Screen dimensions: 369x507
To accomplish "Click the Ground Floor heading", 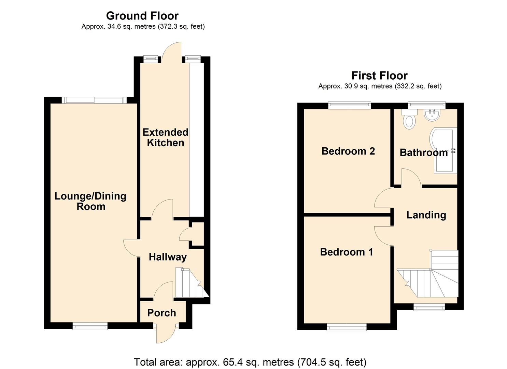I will tap(142, 16).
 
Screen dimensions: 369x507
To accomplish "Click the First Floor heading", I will tap(379, 76).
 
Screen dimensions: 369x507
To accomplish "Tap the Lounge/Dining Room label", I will tap(90, 201).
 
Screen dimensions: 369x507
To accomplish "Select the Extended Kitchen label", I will tap(165, 137).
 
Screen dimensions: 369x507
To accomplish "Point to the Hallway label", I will tap(168, 257).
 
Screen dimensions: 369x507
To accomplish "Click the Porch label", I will tap(161, 313).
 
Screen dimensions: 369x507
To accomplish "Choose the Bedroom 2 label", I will tap(348, 151).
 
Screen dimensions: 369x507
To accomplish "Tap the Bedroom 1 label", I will tap(346, 252).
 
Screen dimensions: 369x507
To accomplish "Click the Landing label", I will tap(426, 215).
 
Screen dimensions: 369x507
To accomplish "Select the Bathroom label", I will tap(423, 152).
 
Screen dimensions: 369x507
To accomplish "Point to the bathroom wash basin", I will tap(433, 115).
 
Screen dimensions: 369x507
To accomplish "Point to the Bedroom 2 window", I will tap(350, 105).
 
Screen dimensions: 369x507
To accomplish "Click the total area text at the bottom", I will tap(250, 362).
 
